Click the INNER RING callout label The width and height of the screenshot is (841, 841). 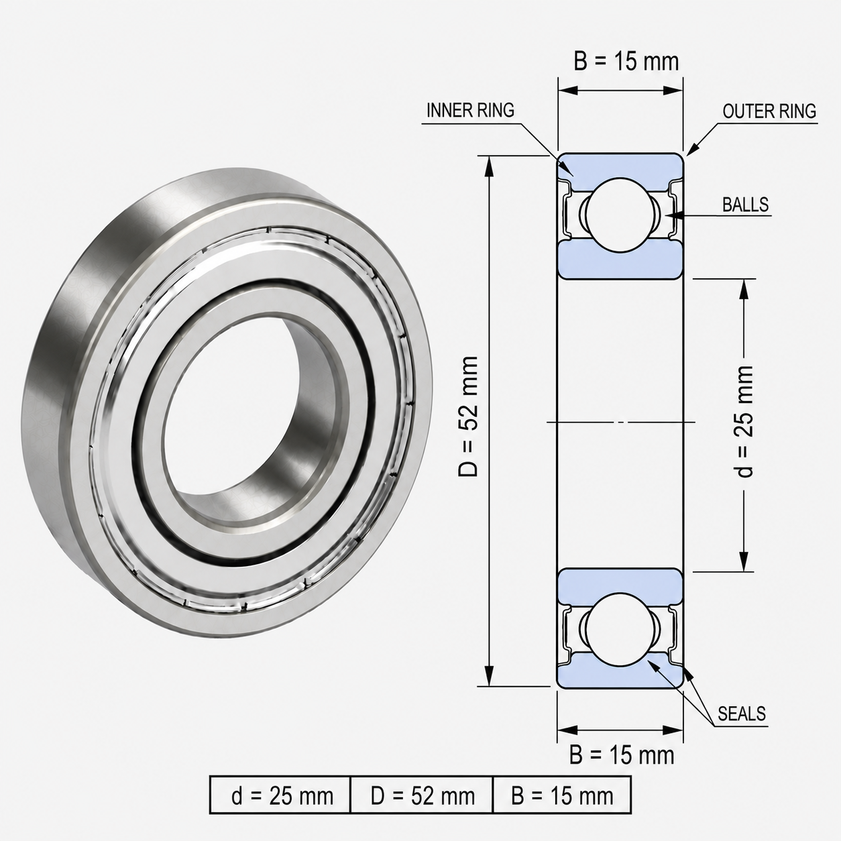pos(470,111)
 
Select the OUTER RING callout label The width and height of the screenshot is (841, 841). pos(769,112)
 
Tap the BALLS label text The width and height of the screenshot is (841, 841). pos(745,205)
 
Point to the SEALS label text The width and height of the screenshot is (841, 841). pos(742,714)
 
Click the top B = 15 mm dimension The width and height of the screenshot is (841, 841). pos(626,62)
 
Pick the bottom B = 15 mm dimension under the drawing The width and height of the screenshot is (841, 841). pos(622,755)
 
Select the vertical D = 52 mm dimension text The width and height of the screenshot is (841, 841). pos(469,416)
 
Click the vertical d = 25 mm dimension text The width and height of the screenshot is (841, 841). pos(744,422)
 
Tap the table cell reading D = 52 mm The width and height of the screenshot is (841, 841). pos(422,795)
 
